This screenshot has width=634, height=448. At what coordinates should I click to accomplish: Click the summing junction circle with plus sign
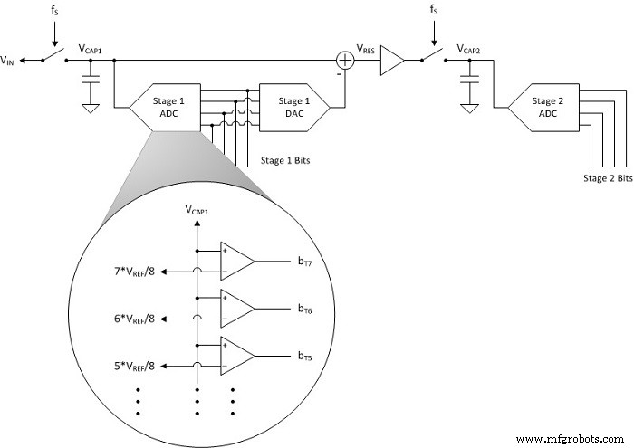345,61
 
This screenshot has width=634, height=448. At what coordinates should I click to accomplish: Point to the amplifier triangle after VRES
393,61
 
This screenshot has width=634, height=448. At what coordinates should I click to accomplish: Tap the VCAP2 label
471,48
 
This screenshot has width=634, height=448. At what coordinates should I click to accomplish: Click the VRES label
366,49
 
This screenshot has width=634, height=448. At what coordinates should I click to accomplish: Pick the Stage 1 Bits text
285,160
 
